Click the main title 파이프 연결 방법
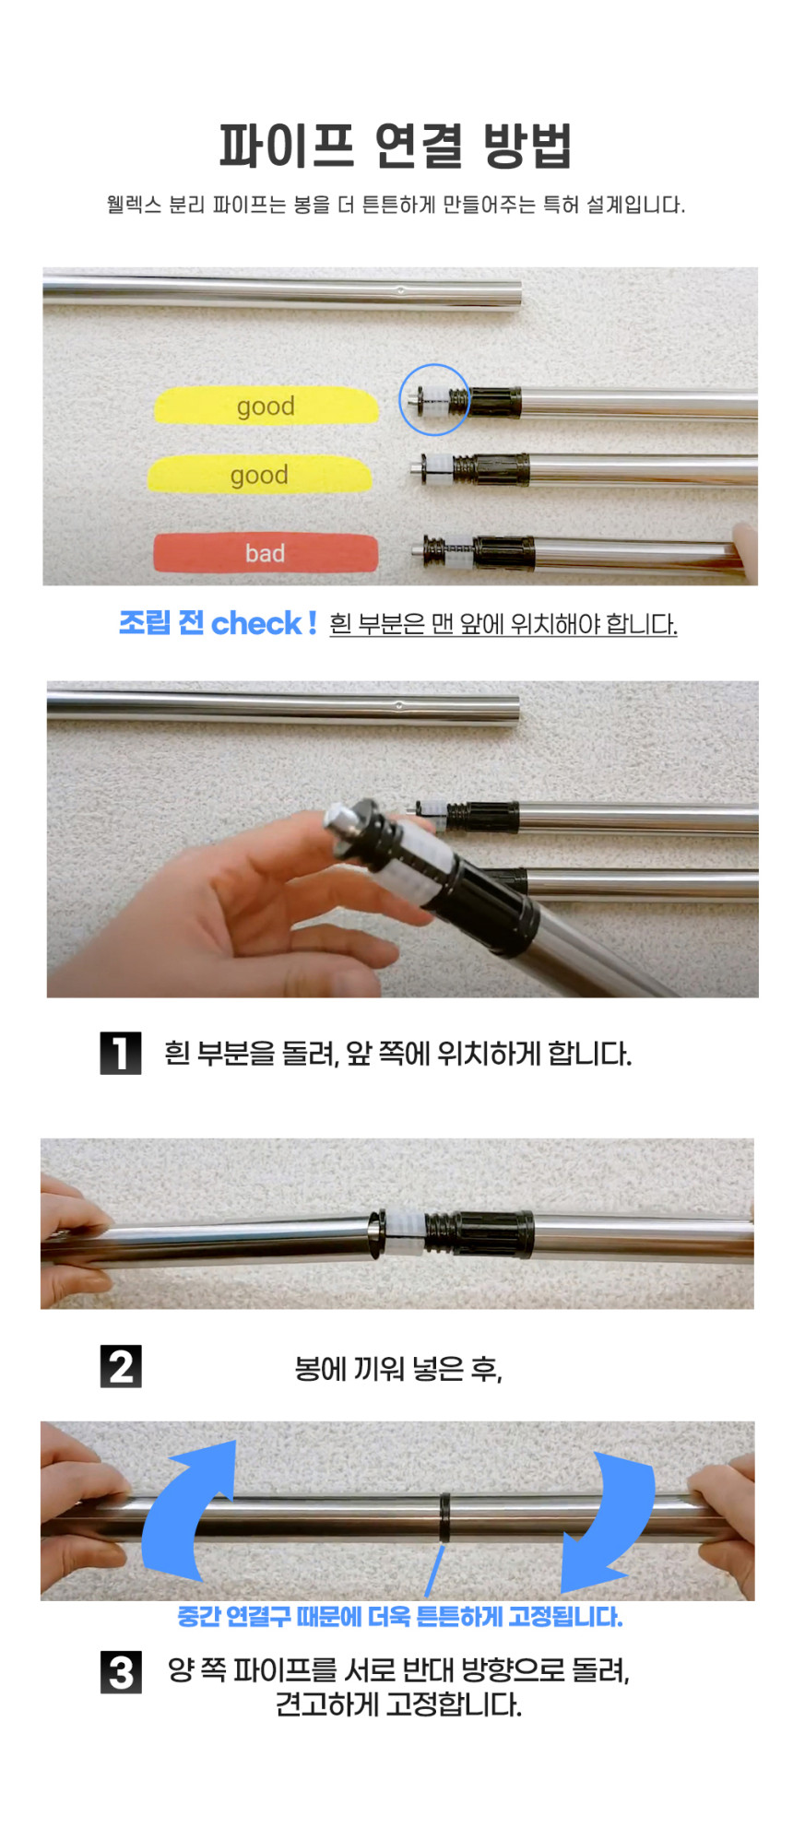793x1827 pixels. [x=396, y=145]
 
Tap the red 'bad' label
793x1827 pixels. [x=266, y=553]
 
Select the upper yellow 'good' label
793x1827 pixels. [x=266, y=406]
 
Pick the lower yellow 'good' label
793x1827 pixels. [x=260, y=474]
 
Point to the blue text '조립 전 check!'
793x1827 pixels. [x=218, y=623]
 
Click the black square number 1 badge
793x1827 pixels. [x=121, y=1053]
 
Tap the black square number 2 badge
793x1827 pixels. [x=121, y=1366]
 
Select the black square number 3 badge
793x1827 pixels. [x=121, y=1672]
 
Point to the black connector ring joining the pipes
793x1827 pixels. [x=445, y=1517]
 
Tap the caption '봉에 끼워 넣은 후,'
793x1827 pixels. [x=398, y=1369]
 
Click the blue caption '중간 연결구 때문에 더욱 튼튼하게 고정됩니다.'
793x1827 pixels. [x=400, y=1616]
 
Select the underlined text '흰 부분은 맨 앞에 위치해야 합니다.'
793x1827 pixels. [x=503, y=624]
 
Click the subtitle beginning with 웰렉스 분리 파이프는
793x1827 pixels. [x=396, y=204]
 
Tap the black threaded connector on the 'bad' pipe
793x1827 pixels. [x=503, y=551]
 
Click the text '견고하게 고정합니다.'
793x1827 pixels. [x=398, y=1704]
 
